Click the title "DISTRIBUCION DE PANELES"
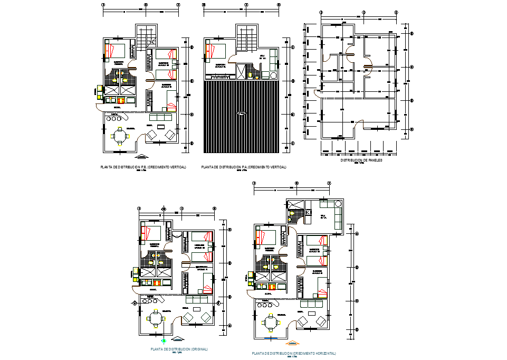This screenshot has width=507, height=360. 361,160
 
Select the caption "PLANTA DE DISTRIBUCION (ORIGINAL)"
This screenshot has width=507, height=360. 179,349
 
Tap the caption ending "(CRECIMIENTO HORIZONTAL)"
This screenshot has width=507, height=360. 294,353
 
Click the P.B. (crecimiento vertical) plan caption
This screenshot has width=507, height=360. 143,167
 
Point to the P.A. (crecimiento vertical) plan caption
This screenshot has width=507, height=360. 244,167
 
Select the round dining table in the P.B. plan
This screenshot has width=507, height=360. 121,136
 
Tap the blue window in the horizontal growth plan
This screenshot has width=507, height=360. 271,337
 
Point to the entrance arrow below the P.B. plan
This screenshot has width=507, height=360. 141,156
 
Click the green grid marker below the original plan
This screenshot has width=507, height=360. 165,341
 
